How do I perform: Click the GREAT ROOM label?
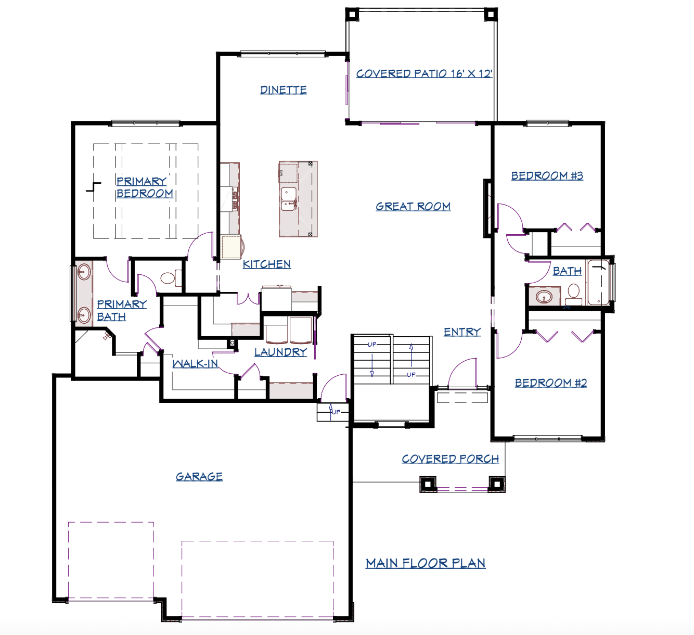(x=413, y=207)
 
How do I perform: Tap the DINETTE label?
(x=284, y=90)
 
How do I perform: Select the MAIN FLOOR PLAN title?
(x=426, y=563)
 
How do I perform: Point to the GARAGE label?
(x=199, y=476)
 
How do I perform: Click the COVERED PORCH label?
(x=450, y=459)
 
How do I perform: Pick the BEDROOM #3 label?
(x=547, y=176)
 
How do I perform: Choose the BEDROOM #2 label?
(x=551, y=383)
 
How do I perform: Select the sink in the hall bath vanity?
(x=544, y=297)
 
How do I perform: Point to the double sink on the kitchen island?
(x=289, y=199)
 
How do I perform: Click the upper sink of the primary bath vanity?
(x=84, y=272)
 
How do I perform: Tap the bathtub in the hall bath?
(x=598, y=282)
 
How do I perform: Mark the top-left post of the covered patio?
(x=352, y=14)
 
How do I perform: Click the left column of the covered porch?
(x=428, y=484)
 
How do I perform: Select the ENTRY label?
(x=462, y=332)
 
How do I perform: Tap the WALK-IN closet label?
(x=196, y=363)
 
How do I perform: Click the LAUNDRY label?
(x=280, y=352)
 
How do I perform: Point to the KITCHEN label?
(x=267, y=264)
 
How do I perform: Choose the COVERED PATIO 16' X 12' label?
(x=425, y=74)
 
